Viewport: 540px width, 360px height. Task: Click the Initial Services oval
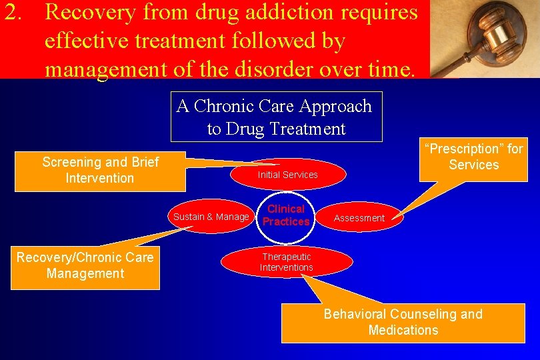287,175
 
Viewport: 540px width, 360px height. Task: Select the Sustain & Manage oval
211,217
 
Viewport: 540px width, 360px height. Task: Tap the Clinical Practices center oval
286,215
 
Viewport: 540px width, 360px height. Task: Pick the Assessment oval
359,218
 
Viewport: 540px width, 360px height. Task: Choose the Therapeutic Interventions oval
287,262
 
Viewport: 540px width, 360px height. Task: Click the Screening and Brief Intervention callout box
100,170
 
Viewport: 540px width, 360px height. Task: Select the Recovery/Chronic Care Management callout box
85,265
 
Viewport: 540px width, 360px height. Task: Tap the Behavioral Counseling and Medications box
403,322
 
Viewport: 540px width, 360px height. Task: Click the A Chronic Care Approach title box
276,117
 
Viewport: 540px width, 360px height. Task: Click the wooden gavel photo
485,39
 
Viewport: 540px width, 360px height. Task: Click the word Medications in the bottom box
403,330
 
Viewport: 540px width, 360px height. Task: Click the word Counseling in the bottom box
423,314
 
